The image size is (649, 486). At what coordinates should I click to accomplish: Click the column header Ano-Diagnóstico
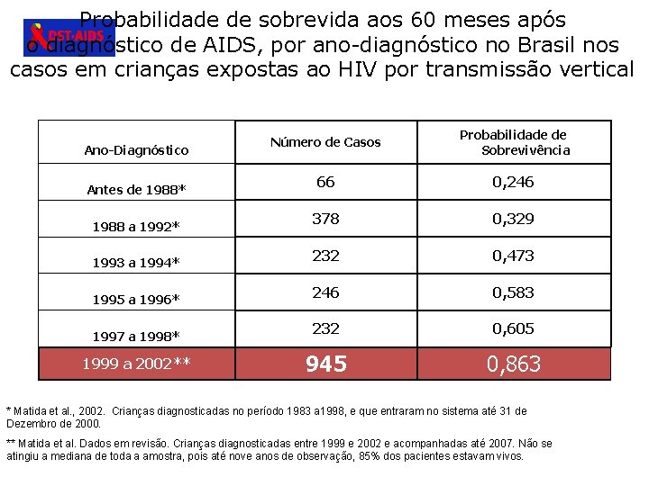click(x=136, y=150)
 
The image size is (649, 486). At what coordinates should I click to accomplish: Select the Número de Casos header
click(x=325, y=142)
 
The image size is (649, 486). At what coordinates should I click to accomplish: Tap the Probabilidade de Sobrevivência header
click(x=513, y=142)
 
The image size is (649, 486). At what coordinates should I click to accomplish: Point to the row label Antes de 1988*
click(x=136, y=189)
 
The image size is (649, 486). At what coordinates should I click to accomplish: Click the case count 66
click(x=325, y=182)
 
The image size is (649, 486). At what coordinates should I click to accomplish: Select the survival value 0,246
click(x=513, y=182)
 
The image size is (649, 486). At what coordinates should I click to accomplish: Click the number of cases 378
click(x=325, y=219)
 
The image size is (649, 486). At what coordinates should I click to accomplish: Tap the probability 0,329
click(x=513, y=219)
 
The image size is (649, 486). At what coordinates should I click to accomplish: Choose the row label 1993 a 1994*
click(x=136, y=263)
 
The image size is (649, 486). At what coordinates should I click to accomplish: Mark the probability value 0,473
click(x=513, y=256)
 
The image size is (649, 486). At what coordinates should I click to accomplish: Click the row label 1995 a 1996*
click(x=136, y=300)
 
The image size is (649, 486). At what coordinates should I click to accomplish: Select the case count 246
click(x=325, y=292)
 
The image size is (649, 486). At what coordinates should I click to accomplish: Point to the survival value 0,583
click(x=513, y=292)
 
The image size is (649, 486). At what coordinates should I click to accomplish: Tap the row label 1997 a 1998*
click(x=136, y=337)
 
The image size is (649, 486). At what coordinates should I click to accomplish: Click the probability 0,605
click(x=513, y=329)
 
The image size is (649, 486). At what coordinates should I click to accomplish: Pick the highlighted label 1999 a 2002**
click(x=136, y=364)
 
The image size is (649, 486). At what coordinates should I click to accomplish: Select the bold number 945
click(x=325, y=364)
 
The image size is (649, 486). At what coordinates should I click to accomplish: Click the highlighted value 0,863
click(x=513, y=364)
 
